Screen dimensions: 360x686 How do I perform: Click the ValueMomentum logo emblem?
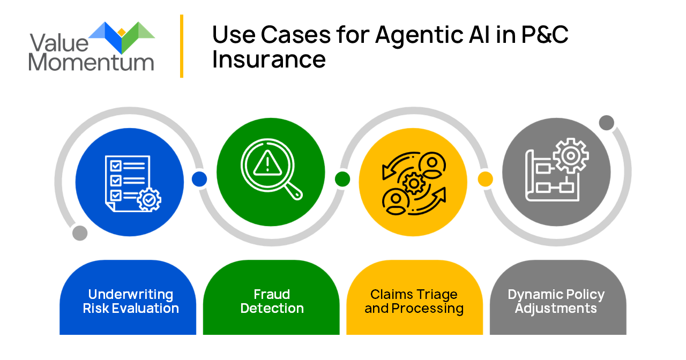pyautogui.click(x=122, y=36)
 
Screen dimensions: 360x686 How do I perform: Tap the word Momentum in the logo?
pyautogui.click(x=91, y=62)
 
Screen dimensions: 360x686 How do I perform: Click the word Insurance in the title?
pyautogui.click(x=269, y=59)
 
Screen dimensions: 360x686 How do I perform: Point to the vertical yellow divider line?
pyautogui.click(x=182, y=46)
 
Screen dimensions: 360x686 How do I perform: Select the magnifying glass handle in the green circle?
pyautogui.click(x=292, y=191)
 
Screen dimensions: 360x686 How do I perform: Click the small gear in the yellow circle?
pyautogui.click(x=413, y=184)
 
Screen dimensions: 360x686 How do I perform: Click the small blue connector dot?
pyautogui.click(x=199, y=179)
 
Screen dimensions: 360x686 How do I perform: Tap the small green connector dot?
pyautogui.click(x=342, y=179)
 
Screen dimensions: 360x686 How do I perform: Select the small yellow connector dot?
pyautogui.click(x=485, y=179)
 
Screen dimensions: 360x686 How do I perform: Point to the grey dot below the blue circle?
pyautogui.click(x=80, y=233)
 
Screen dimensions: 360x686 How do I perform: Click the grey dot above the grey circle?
pyautogui.click(x=606, y=123)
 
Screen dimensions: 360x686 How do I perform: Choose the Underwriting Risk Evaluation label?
pyautogui.click(x=131, y=301)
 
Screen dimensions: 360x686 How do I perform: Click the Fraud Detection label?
pyautogui.click(x=272, y=301)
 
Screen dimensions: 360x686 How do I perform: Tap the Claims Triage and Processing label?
pyautogui.click(x=414, y=301)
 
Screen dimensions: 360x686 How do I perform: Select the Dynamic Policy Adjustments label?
pyautogui.click(x=556, y=301)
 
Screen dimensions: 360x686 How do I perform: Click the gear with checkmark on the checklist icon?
pyautogui.click(x=149, y=200)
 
